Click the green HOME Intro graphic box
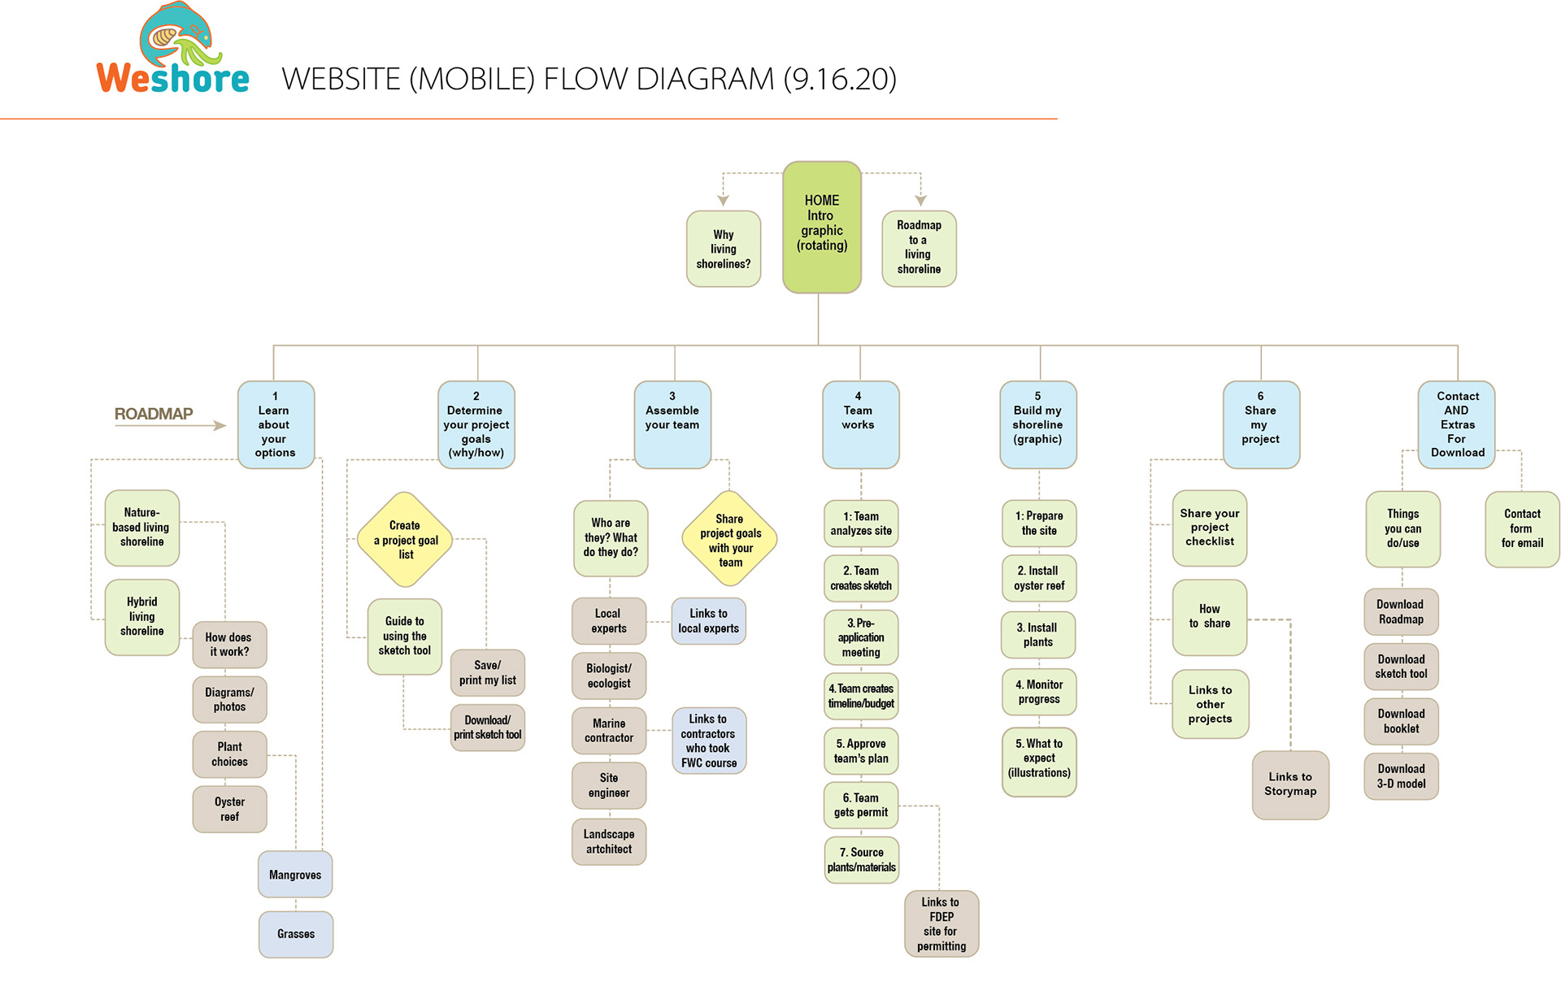[821, 227]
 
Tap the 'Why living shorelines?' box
[724, 249]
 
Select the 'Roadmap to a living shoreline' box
[919, 248]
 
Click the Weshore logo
[172, 50]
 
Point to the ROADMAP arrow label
[154, 414]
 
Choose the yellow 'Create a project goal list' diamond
[405, 540]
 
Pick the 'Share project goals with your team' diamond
[730, 540]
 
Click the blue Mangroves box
[295, 875]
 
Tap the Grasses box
[296, 934]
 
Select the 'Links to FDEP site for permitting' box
[941, 924]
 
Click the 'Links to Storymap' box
[1290, 784]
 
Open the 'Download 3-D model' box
[1401, 776]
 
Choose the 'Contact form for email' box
[1522, 528]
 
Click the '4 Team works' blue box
[860, 424]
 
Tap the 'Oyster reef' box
[229, 809]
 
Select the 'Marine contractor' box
[609, 730]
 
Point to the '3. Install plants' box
[1038, 635]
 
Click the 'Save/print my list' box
[488, 672]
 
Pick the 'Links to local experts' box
[708, 621]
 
